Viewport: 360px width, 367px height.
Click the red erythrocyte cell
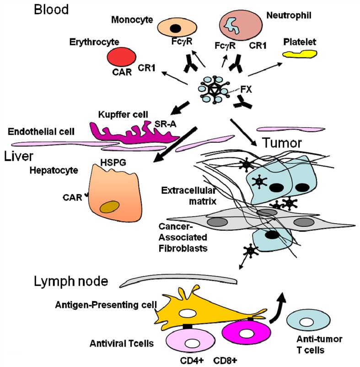click(121, 58)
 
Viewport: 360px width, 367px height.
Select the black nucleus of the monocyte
click(174, 28)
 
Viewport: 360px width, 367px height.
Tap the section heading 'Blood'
click(51, 10)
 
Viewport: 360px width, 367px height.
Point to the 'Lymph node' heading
click(70, 281)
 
